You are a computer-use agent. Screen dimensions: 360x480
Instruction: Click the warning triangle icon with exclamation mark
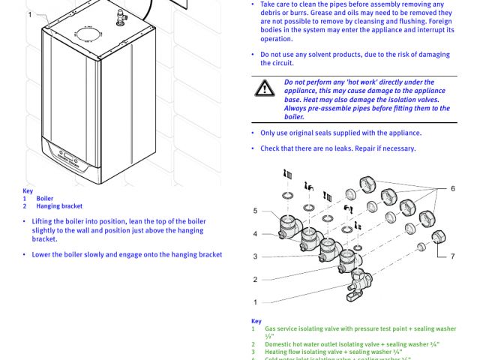(x=264, y=88)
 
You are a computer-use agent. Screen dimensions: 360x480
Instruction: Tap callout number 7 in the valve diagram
(x=452, y=256)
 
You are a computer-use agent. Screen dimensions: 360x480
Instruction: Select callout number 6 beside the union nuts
(x=452, y=188)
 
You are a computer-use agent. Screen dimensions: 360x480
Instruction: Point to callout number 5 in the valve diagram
(x=255, y=211)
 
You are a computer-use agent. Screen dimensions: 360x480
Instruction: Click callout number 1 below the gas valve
(x=255, y=302)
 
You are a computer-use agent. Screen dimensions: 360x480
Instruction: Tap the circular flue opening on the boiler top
(x=87, y=33)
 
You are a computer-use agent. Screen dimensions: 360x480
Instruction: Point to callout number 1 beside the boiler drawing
(x=30, y=14)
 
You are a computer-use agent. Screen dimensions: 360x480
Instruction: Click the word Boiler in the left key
(x=45, y=199)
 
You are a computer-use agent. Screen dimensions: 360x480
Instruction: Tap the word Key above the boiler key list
(x=28, y=191)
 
